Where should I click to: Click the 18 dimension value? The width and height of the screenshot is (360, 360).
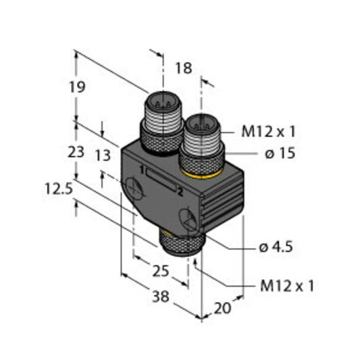pyautogui.click(x=183, y=68)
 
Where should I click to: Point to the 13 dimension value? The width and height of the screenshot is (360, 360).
pyautogui.click(x=102, y=156)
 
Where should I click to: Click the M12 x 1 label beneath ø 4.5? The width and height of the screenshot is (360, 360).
pyautogui.click(x=287, y=286)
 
